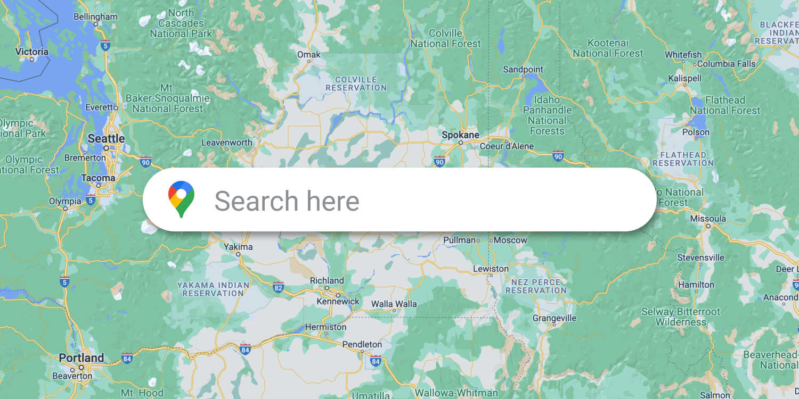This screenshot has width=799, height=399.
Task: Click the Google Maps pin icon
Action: (x=181, y=199)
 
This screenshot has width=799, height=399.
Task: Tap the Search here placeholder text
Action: (x=287, y=201)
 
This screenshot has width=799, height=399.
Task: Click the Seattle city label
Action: (x=106, y=139)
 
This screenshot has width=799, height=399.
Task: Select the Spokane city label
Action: (x=460, y=135)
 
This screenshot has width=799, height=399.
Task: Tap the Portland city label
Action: (x=81, y=358)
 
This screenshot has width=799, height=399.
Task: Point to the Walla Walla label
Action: (x=394, y=304)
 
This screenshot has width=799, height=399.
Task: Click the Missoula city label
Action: (x=708, y=219)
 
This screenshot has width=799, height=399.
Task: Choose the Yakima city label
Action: (x=238, y=247)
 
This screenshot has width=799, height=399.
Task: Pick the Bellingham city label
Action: (x=95, y=16)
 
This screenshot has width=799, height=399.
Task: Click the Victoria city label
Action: (x=32, y=52)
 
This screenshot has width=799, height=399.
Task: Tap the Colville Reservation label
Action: (x=356, y=84)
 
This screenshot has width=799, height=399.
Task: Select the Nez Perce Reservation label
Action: (x=536, y=286)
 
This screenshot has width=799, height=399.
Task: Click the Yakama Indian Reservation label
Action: (x=213, y=289)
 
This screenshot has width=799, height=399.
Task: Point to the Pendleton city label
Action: (x=362, y=345)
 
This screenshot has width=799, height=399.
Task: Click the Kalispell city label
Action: (x=684, y=79)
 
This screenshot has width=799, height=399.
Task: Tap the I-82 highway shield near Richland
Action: (x=278, y=287)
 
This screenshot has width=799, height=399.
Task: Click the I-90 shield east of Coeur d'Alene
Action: (x=558, y=156)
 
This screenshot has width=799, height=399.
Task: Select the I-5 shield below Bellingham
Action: (x=105, y=45)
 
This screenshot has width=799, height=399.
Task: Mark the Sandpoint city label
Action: (x=523, y=70)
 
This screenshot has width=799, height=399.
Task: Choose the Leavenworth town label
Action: (x=227, y=143)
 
